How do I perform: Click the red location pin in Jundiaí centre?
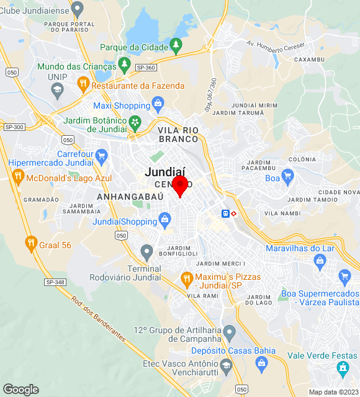click(x=180, y=185)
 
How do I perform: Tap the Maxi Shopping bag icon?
click(x=158, y=103)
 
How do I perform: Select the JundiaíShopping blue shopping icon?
click(x=164, y=218)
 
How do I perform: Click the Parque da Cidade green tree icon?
click(x=176, y=45)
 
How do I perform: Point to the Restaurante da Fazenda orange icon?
click(x=83, y=83)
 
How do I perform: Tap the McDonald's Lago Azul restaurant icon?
click(x=17, y=176)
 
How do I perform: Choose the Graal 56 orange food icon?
click(x=30, y=243)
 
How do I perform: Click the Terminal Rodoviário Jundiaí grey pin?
click(x=147, y=252)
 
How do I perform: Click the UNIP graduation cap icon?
click(x=58, y=91)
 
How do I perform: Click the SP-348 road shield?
click(x=55, y=282)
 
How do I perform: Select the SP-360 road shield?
click(x=145, y=68)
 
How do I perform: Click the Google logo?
click(x=20, y=390)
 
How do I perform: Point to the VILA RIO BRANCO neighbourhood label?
click(x=178, y=135)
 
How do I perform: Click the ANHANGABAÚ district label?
click(x=130, y=196)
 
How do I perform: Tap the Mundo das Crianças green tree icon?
click(x=124, y=64)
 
